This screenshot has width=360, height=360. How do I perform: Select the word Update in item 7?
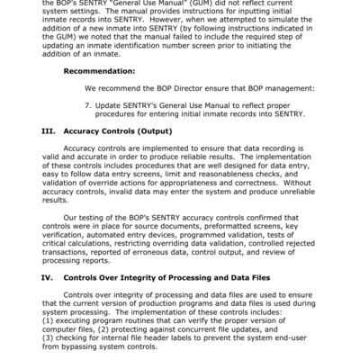[x=112, y=103]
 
